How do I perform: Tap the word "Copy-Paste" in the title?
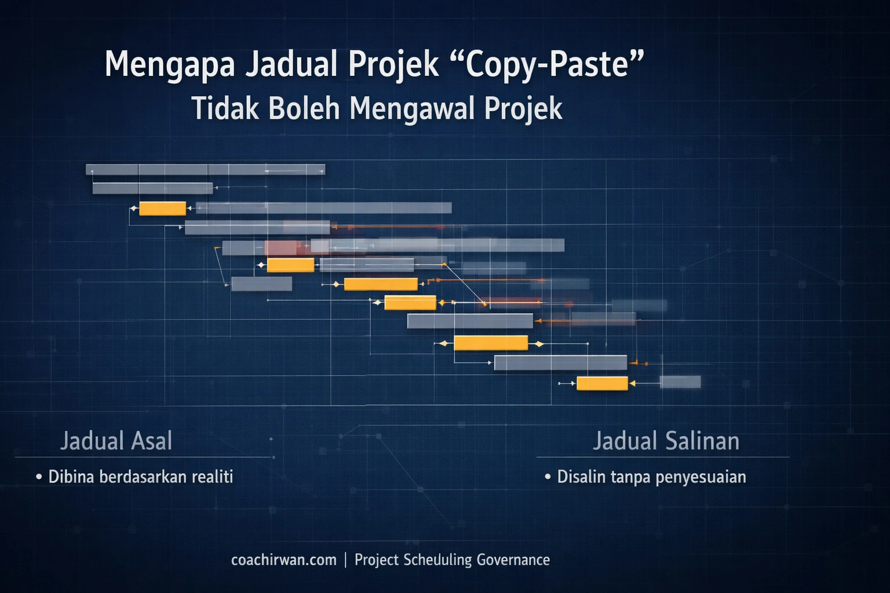point(547,64)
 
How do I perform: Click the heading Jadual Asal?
point(116,441)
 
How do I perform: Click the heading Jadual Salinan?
point(666,441)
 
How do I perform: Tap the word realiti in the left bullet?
point(212,477)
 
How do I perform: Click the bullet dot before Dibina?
point(39,477)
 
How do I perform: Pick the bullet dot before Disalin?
point(548,477)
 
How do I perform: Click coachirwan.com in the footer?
point(283,560)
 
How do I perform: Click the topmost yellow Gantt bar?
point(162,208)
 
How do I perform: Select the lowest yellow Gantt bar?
point(602,383)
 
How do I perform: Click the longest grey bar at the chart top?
point(205,170)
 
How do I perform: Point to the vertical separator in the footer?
point(346,560)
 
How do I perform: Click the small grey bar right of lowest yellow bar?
point(680,382)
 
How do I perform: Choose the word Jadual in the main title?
point(291,65)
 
